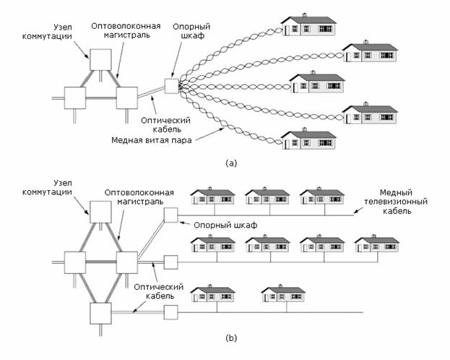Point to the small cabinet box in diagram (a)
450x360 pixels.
tap(171, 85)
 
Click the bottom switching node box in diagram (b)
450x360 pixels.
tap(100, 313)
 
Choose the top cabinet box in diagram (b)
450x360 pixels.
tap(171, 215)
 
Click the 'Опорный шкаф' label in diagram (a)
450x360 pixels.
tap(191, 31)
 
